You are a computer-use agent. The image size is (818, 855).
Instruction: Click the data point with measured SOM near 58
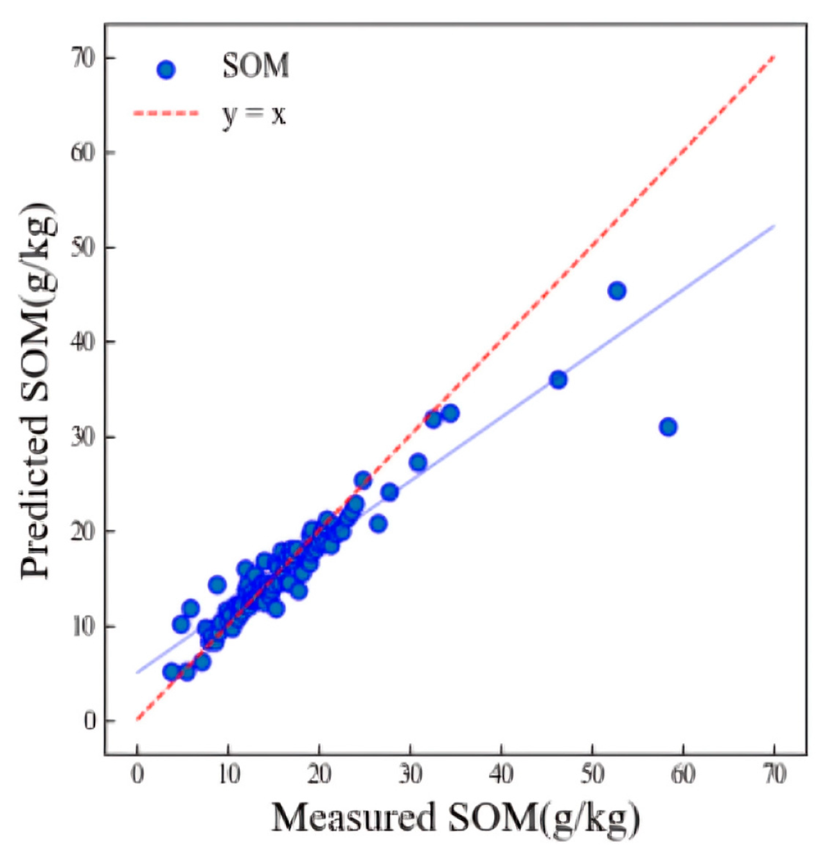click(x=668, y=427)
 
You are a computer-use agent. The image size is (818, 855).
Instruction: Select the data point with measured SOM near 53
click(x=617, y=291)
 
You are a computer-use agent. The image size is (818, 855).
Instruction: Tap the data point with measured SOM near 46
click(x=558, y=380)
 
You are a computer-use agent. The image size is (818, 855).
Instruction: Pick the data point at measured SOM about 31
click(x=418, y=462)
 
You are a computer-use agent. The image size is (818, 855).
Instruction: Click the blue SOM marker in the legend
click(x=166, y=69)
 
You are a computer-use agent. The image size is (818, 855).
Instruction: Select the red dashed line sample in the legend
click(x=166, y=114)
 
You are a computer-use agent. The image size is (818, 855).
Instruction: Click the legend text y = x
click(x=254, y=114)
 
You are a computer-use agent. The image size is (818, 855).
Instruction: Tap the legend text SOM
click(x=256, y=66)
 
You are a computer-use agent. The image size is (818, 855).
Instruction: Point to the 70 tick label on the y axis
click(x=83, y=58)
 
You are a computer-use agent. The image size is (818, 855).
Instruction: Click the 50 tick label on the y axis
click(x=83, y=247)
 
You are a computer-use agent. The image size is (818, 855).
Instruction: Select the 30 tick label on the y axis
click(x=83, y=437)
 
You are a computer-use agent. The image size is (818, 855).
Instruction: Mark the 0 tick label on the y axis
click(x=89, y=721)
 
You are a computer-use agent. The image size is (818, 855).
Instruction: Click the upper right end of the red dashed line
click(x=774, y=58)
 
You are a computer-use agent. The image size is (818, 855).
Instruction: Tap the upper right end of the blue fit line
click(x=774, y=226)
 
